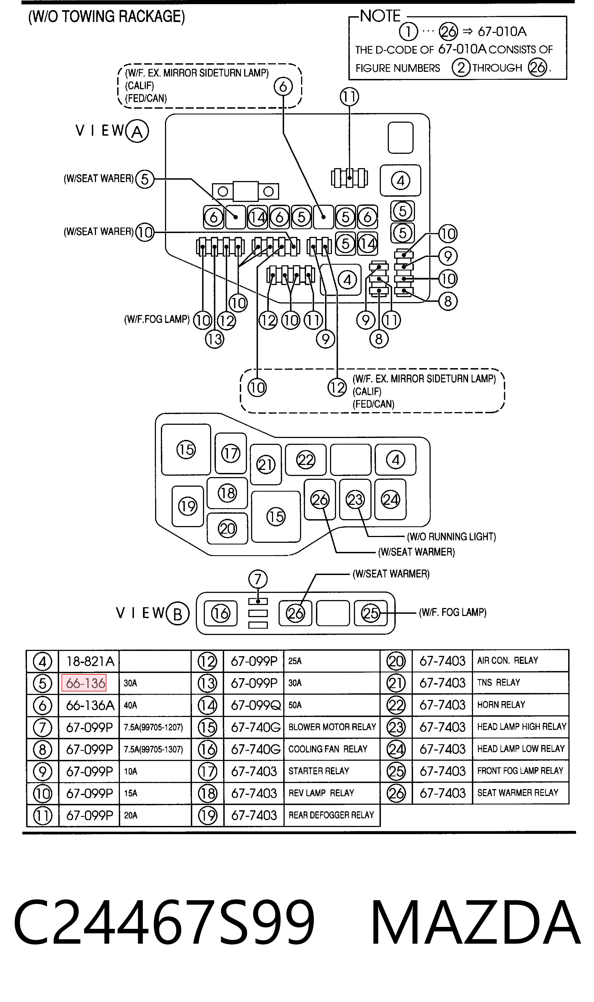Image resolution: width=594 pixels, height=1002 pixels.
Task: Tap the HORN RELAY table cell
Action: pyautogui.click(x=520, y=705)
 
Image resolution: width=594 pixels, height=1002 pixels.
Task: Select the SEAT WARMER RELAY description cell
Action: pyautogui.click(x=520, y=793)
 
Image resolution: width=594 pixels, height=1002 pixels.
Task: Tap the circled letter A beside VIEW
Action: pyautogui.click(x=137, y=131)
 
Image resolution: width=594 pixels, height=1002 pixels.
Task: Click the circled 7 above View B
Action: pyautogui.click(x=258, y=579)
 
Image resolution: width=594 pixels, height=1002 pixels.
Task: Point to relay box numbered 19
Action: pyautogui.click(x=188, y=507)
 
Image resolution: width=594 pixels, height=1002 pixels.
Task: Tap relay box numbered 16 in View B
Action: pyautogui.click(x=221, y=613)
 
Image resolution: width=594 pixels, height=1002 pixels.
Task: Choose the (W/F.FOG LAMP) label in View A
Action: pyautogui.click(x=157, y=319)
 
